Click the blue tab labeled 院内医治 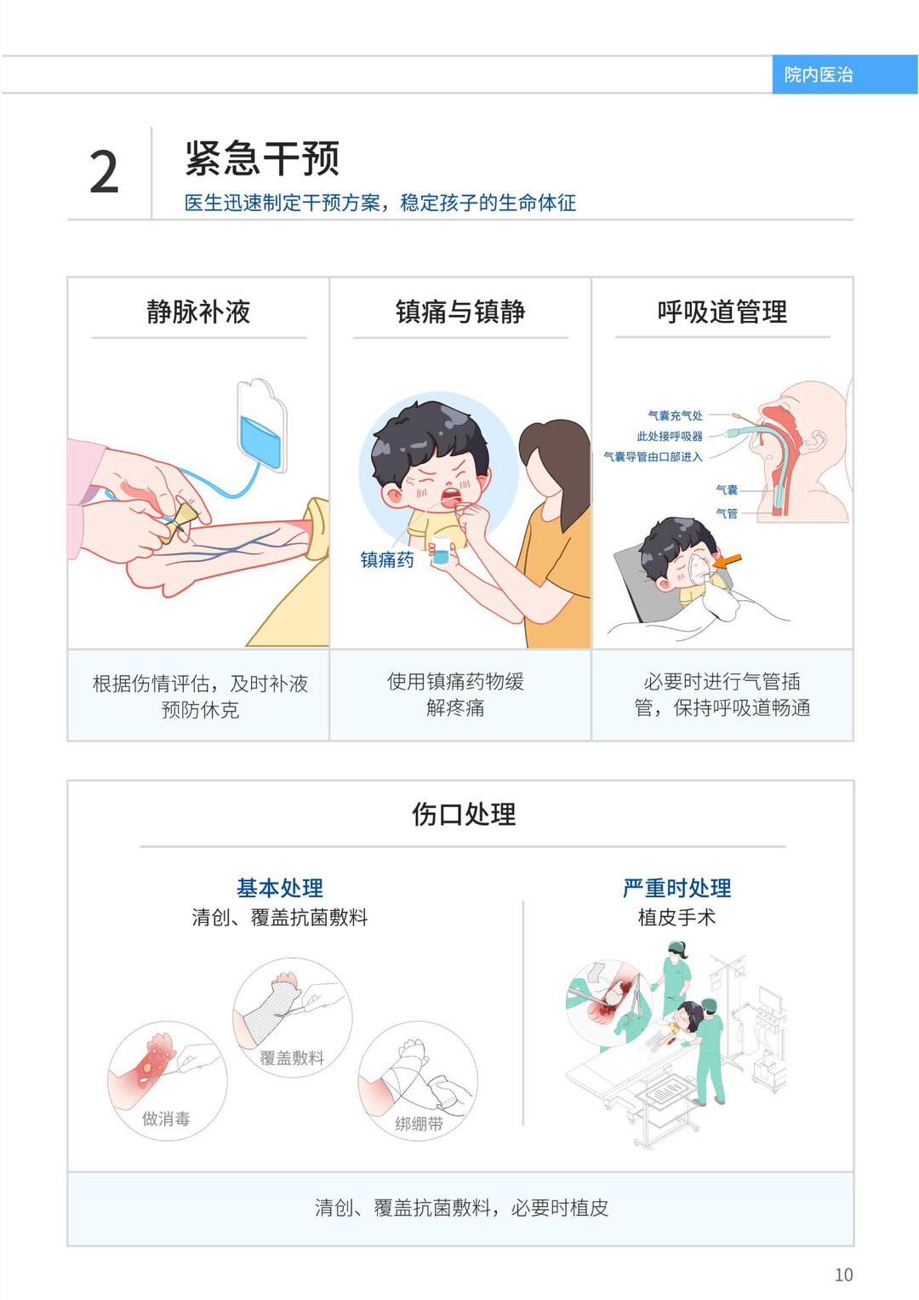pyautogui.click(x=845, y=74)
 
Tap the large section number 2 pyautogui.click(x=105, y=172)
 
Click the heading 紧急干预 pyautogui.click(x=262, y=157)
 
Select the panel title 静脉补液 pyautogui.click(x=198, y=312)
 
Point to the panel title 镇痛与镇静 pyautogui.click(x=460, y=312)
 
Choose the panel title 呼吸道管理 pyautogui.click(x=722, y=312)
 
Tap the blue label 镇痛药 pyautogui.click(x=387, y=559)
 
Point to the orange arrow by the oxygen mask pyautogui.click(x=727, y=560)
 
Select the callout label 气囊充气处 pyautogui.click(x=676, y=415)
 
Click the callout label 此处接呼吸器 pyautogui.click(x=670, y=436)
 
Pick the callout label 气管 pyautogui.click(x=727, y=513)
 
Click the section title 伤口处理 pyautogui.click(x=464, y=814)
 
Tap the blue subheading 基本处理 pyautogui.click(x=280, y=887)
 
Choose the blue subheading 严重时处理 pyautogui.click(x=676, y=887)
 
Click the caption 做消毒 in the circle pyautogui.click(x=167, y=1119)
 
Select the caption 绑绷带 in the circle pyautogui.click(x=419, y=1124)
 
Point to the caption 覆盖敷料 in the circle pyautogui.click(x=291, y=1057)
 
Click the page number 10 pyautogui.click(x=843, y=1274)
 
